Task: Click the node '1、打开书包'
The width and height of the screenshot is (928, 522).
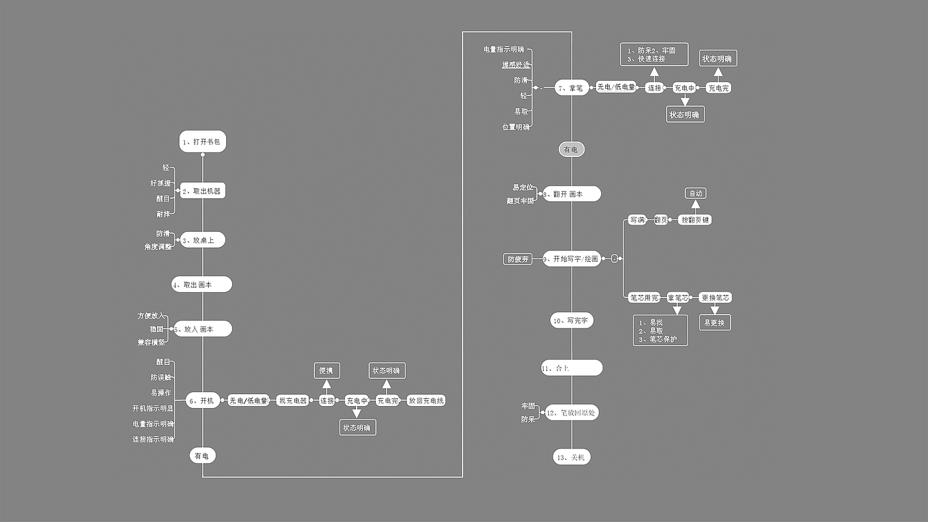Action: [202, 142]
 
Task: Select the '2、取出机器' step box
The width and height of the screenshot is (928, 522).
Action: [202, 191]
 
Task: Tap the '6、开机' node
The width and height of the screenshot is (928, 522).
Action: [203, 400]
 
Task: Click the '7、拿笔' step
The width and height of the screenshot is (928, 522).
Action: [571, 87]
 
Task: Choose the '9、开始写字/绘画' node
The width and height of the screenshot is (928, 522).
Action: [571, 259]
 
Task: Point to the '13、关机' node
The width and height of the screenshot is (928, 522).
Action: [571, 457]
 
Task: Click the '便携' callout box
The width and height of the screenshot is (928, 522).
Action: [327, 370]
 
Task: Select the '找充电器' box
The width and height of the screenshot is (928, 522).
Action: [292, 401]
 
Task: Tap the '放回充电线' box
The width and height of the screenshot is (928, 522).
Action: [426, 401]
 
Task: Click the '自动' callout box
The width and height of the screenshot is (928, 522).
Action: [695, 193]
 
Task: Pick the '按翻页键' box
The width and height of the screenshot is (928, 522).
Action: [695, 220]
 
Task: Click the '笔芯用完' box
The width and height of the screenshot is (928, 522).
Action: [644, 298]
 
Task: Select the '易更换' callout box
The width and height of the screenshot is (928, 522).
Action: [715, 323]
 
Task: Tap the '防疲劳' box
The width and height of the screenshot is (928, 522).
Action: [518, 259]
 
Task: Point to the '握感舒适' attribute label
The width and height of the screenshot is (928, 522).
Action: [516, 65]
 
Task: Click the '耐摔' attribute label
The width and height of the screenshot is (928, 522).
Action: [163, 214]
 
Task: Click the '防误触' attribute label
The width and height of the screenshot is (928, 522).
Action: [160, 378]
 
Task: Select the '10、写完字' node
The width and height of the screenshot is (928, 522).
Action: [571, 321]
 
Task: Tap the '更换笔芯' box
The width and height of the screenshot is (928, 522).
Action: [715, 298]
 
